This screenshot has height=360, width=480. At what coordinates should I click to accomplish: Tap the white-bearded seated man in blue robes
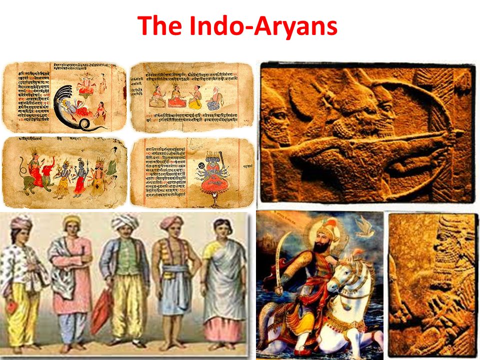215,98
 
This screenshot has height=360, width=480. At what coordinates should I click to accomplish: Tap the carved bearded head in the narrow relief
445,240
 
